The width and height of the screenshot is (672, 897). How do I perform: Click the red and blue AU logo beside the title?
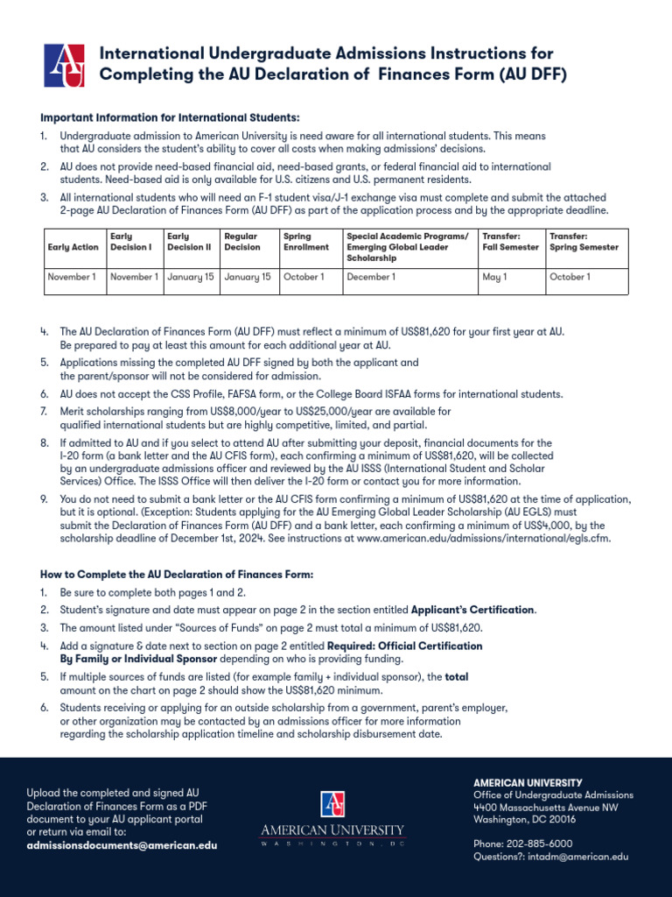click(x=64, y=65)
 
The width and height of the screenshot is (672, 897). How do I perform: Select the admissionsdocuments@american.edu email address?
click(x=122, y=845)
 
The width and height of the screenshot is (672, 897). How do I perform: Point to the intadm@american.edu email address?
click(x=577, y=857)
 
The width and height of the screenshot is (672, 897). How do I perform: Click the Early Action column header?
click(x=73, y=247)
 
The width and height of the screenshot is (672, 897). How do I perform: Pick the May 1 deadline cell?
click(x=493, y=277)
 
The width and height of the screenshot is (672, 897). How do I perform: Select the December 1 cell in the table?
click(x=371, y=277)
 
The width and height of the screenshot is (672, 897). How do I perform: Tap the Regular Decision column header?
click(x=242, y=242)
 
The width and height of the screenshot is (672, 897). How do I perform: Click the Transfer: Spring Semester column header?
click(x=584, y=242)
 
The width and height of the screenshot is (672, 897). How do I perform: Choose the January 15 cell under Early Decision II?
click(x=190, y=277)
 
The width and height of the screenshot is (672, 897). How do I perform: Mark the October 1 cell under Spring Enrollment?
click(x=304, y=277)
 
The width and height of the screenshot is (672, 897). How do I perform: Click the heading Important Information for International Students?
click(x=170, y=117)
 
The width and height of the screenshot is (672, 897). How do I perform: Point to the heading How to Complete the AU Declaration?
click(x=176, y=574)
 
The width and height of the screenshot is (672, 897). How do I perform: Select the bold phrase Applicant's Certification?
click(x=472, y=610)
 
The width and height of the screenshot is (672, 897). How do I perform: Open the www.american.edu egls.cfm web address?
click(x=483, y=538)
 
